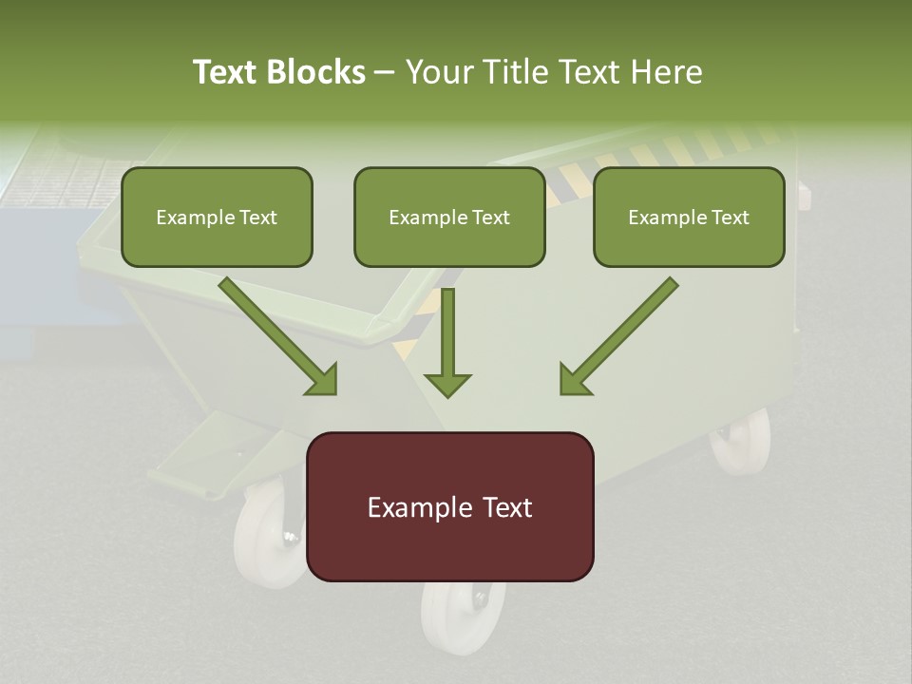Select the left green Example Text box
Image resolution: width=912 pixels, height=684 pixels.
click(217, 217)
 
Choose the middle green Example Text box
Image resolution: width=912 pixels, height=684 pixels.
click(449, 217)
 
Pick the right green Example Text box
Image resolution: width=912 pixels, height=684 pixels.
click(689, 217)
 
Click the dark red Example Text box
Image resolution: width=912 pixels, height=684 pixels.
click(449, 506)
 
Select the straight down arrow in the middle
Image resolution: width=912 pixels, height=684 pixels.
click(447, 342)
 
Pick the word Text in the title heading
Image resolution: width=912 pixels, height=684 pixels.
click(228, 72)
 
